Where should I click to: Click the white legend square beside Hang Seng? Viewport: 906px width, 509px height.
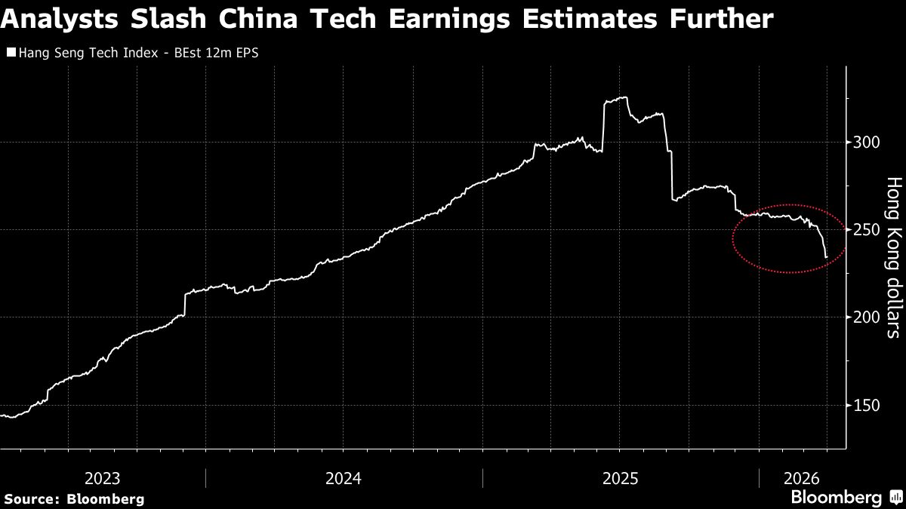click(x=11, y=53)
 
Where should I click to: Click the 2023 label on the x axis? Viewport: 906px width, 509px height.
click(x=102, y=478)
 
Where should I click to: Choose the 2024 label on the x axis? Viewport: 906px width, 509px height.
click(x=344, y=478)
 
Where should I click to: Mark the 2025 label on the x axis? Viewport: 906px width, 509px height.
click(x=620, y=478)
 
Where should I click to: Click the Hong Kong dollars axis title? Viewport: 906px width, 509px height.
click(x=893, y=256)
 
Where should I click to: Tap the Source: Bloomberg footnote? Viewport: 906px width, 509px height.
click(x=73, y=498)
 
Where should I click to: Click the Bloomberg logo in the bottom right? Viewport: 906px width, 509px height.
click(x=844, y=498)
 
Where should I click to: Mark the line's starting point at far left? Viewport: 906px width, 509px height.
click(x=2, y=415)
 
